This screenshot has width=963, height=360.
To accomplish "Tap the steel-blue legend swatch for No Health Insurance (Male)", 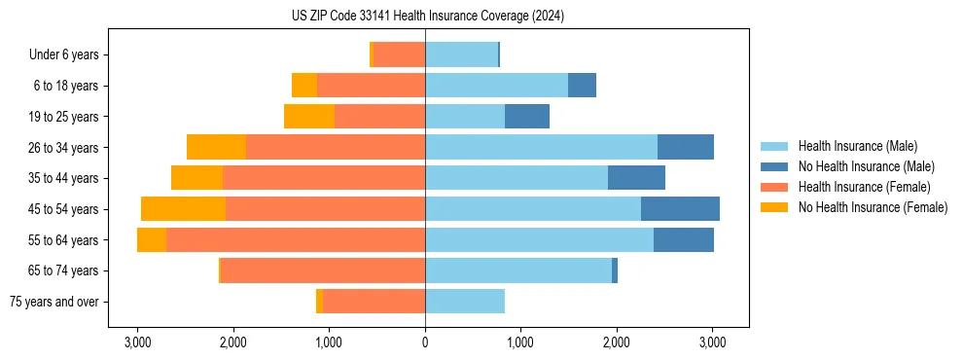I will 775,166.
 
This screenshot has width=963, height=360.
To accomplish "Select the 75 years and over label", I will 53,302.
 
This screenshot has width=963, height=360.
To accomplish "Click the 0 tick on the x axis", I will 425,342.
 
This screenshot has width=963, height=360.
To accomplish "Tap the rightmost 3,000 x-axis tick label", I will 712,342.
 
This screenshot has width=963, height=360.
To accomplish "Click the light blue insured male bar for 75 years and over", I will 465,302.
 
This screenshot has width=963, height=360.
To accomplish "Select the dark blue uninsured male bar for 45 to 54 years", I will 680,209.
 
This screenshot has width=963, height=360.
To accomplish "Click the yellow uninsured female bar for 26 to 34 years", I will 216,147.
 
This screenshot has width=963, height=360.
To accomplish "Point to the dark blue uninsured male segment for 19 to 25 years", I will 527,117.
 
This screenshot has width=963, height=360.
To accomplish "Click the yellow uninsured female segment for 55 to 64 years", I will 152,240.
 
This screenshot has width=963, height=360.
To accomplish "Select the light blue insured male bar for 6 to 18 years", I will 496,86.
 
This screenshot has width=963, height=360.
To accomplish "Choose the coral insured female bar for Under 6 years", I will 399,55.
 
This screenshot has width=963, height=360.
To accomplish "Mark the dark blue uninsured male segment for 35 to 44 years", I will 636,178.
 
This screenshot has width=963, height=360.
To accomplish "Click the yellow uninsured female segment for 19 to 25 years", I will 309,117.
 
